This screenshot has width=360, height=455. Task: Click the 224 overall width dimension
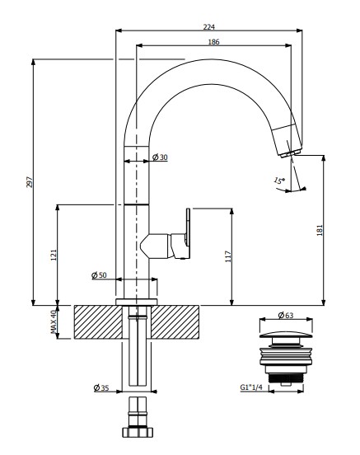click(x=209, y=27)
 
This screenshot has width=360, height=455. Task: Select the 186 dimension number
click(x=214, y=42)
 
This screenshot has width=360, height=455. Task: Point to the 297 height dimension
click(x=30, y=181)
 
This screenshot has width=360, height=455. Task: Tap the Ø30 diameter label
click(x=160, y=157)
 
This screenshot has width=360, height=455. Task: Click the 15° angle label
click(x=279, y=181)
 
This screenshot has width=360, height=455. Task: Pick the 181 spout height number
click(x=320, y=230)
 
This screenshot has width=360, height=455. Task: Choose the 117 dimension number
click(x=228, y=256)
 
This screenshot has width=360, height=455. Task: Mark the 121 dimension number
click(x=54, y=255)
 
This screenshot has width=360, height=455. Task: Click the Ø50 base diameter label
click(x=99, y=275)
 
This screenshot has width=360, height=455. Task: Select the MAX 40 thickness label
click(x=54, y=321)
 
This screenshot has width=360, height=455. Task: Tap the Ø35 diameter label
click(x=101, y=387)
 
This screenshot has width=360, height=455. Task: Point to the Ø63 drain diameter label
click(x=286, y=315)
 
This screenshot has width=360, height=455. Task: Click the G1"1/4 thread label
click(x=251, y=387)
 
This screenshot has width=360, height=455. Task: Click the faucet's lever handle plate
click(x=188, y=233)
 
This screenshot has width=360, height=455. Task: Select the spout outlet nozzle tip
click(x=292, y=153)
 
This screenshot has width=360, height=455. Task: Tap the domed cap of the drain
click(x=286, y=335)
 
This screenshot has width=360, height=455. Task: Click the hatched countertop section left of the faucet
click(x=98, y=322)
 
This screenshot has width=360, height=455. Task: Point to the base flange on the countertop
click(x=137, y=302)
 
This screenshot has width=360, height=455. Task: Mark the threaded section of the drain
click(x=286, y=378)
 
